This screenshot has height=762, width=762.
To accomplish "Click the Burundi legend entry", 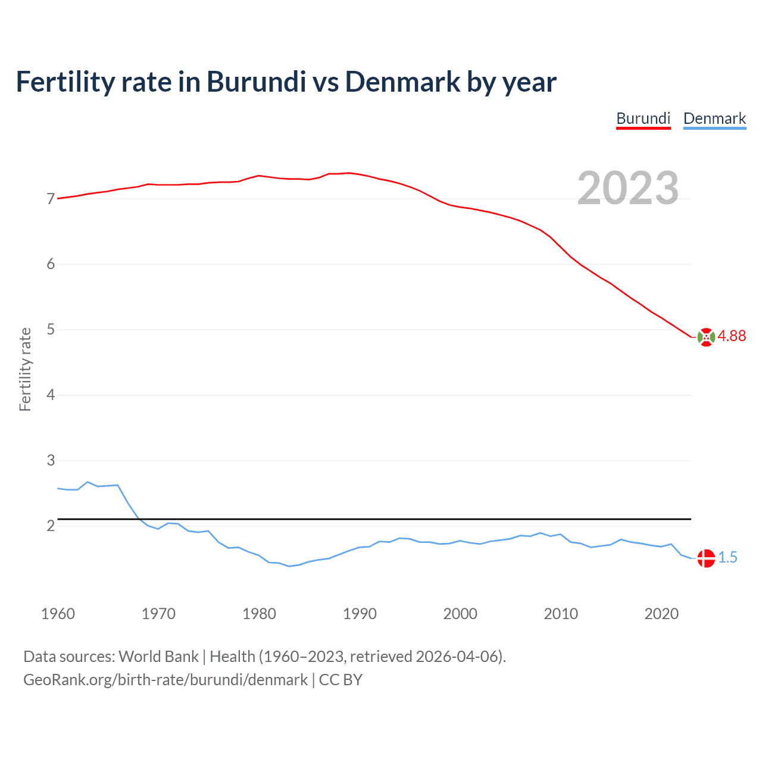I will click(x=643, y=118).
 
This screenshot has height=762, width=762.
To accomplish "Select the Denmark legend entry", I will click(x=714, y=118).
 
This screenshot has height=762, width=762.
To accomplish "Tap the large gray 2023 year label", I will click(x=628, y=188).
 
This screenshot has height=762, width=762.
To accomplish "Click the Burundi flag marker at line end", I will click(x=705, y=337).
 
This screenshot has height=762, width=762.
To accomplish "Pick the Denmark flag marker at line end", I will click(x=705, y=558).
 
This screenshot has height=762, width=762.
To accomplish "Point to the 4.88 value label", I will click(x=732, y=336).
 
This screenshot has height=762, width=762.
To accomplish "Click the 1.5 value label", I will click(x=727, y=558).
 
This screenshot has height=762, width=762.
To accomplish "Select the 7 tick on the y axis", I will click(x=51, y=199).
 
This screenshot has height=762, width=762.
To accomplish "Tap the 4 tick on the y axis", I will click(x=51, y=395).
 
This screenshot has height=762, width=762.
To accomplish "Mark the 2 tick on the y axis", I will click(x=51, y=526).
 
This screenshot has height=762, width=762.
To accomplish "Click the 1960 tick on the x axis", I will click(x=58, y=614).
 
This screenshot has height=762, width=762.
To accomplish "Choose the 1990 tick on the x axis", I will click(x=360, y=614).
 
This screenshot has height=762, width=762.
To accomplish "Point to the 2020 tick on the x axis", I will click(x=661, y=614).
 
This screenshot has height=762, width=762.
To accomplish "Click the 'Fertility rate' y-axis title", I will click(x=25, y=369).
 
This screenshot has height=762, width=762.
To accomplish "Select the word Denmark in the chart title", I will click(x=402, y=82).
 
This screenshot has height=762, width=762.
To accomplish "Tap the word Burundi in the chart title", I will click(x=256, y=82).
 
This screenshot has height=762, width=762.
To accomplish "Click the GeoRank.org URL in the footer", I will click(x=165, y=680).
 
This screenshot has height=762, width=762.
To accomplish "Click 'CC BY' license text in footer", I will click(x=341, y=680).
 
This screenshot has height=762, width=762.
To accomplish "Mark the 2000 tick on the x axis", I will click(x=460, y=614).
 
